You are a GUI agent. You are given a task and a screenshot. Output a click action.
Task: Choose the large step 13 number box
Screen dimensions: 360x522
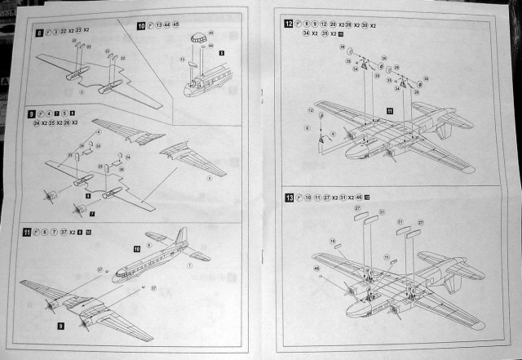pyautogui.click(x=289, y=198)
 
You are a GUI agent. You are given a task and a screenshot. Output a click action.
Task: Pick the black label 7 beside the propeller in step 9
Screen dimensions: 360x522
pyautogui.click(x=92, y=214)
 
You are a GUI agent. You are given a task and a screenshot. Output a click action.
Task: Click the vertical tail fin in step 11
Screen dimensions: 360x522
pyautogui.click(x=181, y=240)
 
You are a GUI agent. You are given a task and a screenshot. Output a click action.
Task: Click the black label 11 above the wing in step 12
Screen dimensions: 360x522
pyautogui.click(x=390, y=109)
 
